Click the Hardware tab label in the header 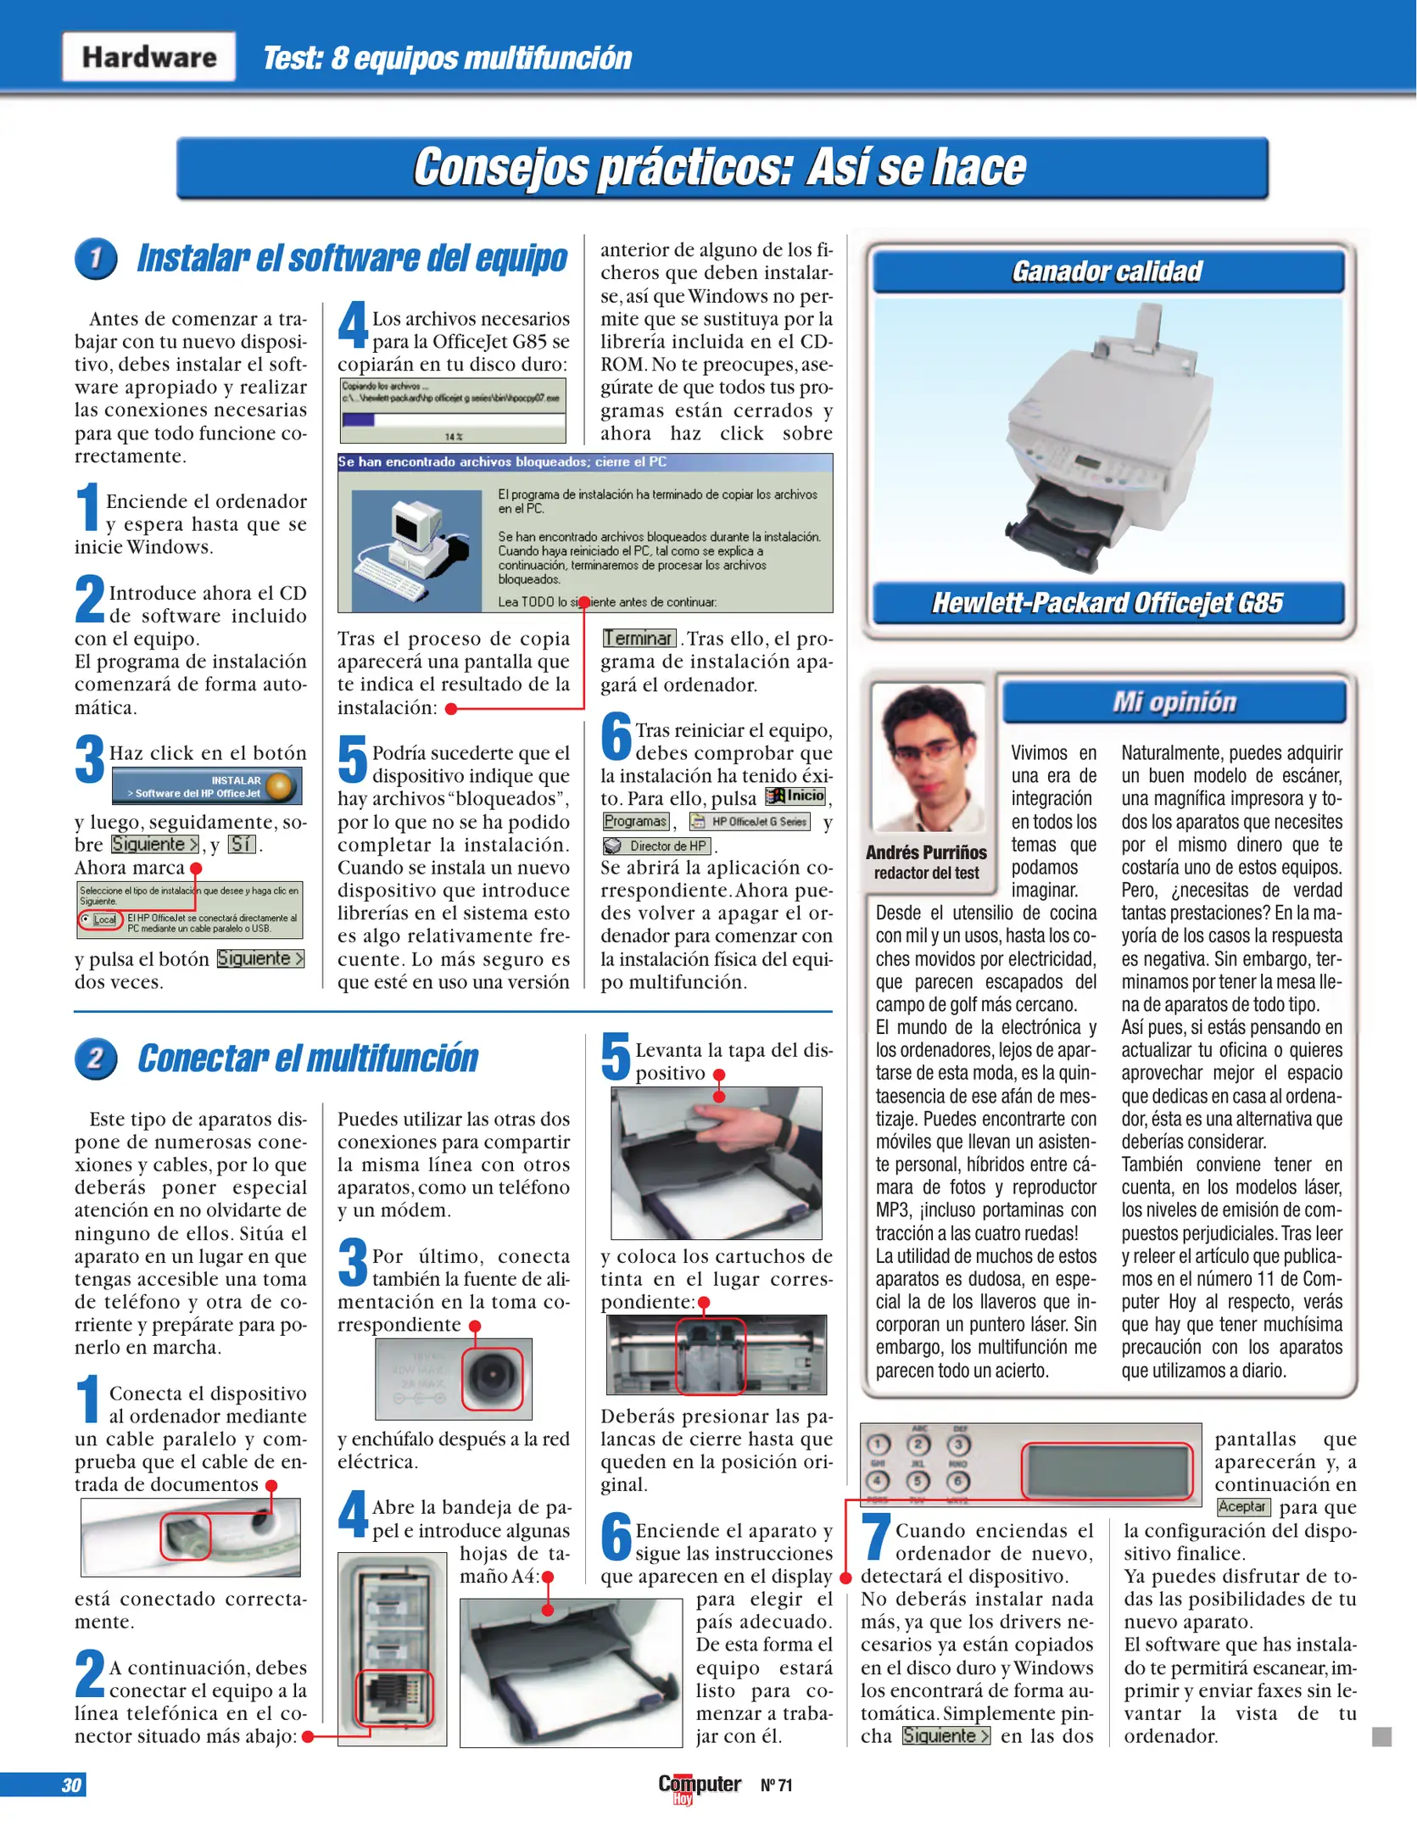148,57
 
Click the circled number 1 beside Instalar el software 96,258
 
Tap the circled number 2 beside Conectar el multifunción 96,1058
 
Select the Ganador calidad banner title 1107,271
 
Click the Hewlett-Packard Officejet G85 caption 1107,603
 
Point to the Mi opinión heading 1174,702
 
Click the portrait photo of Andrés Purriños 928,757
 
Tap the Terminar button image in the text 639,639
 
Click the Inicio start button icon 795,796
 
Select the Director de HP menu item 657,846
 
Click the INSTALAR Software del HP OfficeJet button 206,786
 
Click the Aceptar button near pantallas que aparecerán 1242,1507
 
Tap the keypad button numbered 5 918,1481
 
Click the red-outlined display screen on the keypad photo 1107,1471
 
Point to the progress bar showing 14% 453,420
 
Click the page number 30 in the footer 70,1785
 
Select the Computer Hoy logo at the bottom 699,1785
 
